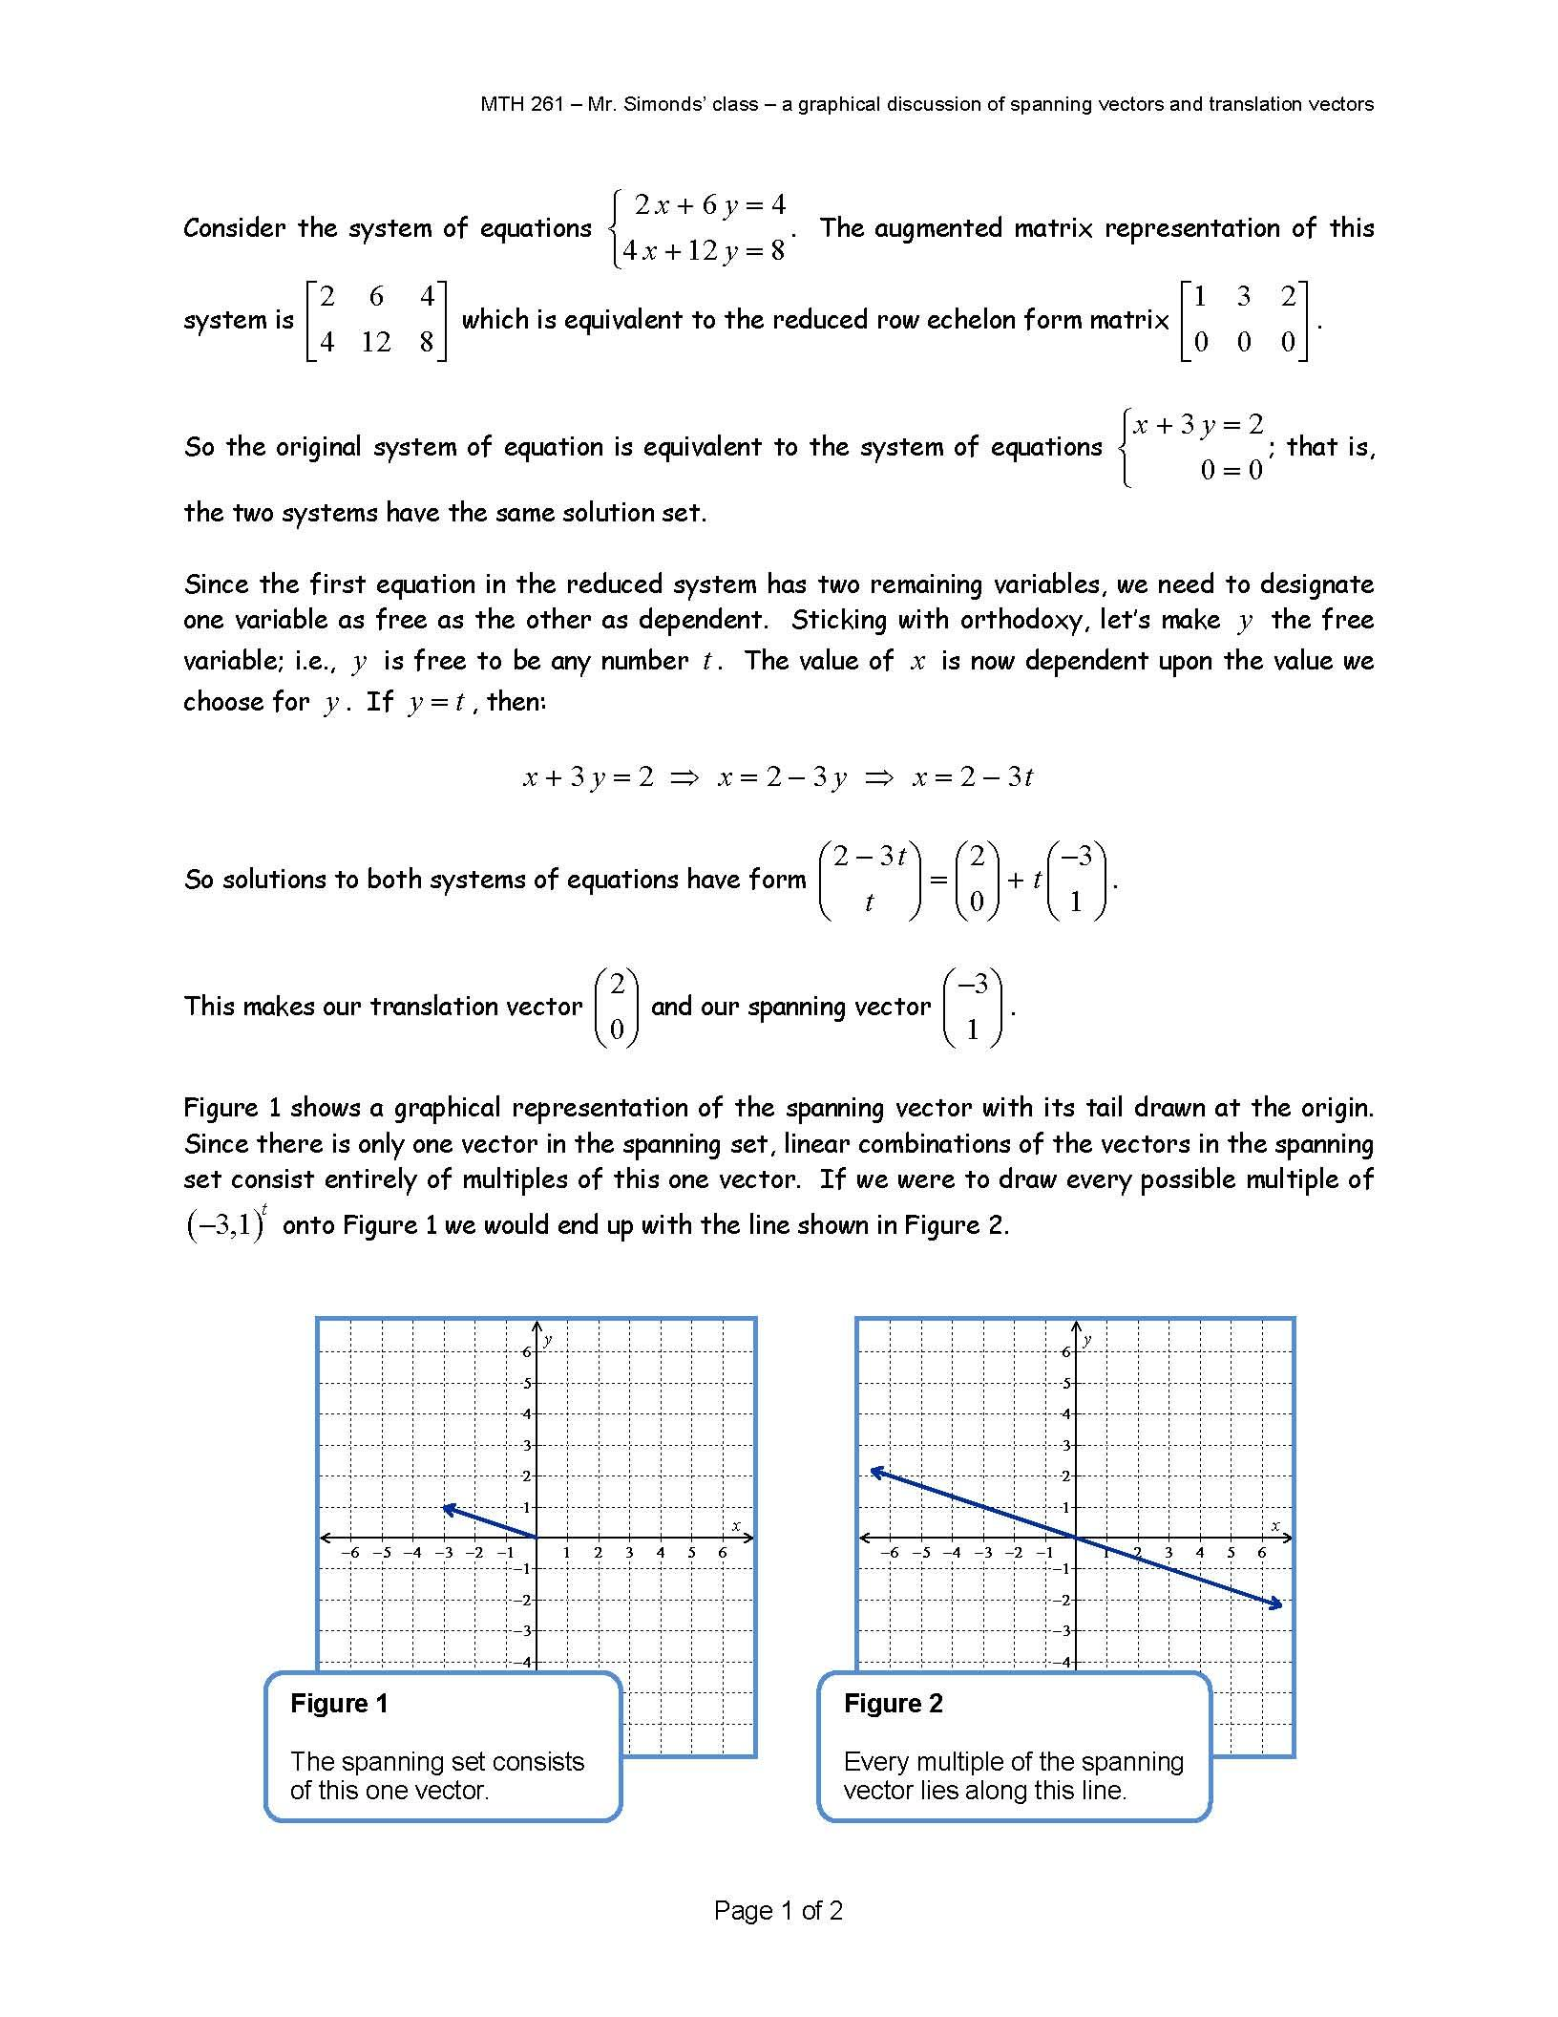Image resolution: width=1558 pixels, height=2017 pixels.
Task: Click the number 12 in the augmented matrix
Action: [376, 342]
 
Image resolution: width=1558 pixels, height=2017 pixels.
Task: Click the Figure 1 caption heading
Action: [339, 1703]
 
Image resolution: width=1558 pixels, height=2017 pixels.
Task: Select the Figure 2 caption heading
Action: [893, 1703]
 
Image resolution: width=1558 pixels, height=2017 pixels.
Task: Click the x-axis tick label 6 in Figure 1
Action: [723, 1553]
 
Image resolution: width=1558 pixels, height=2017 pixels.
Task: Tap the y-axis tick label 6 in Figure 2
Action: [1065, 1351]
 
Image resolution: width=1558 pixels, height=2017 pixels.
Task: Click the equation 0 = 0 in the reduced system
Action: [1231, 470]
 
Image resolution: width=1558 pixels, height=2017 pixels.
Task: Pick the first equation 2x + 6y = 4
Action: [710, 204]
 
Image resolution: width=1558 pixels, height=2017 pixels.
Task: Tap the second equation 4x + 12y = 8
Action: [703, 250]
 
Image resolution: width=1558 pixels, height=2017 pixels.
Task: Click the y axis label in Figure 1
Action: [548, 1340]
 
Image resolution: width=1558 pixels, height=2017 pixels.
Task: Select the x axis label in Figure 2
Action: [1274, 1525]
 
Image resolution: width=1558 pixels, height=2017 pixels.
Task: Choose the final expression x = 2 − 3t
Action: [972, 777]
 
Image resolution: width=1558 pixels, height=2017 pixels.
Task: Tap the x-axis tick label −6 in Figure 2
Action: [889, 1553]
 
